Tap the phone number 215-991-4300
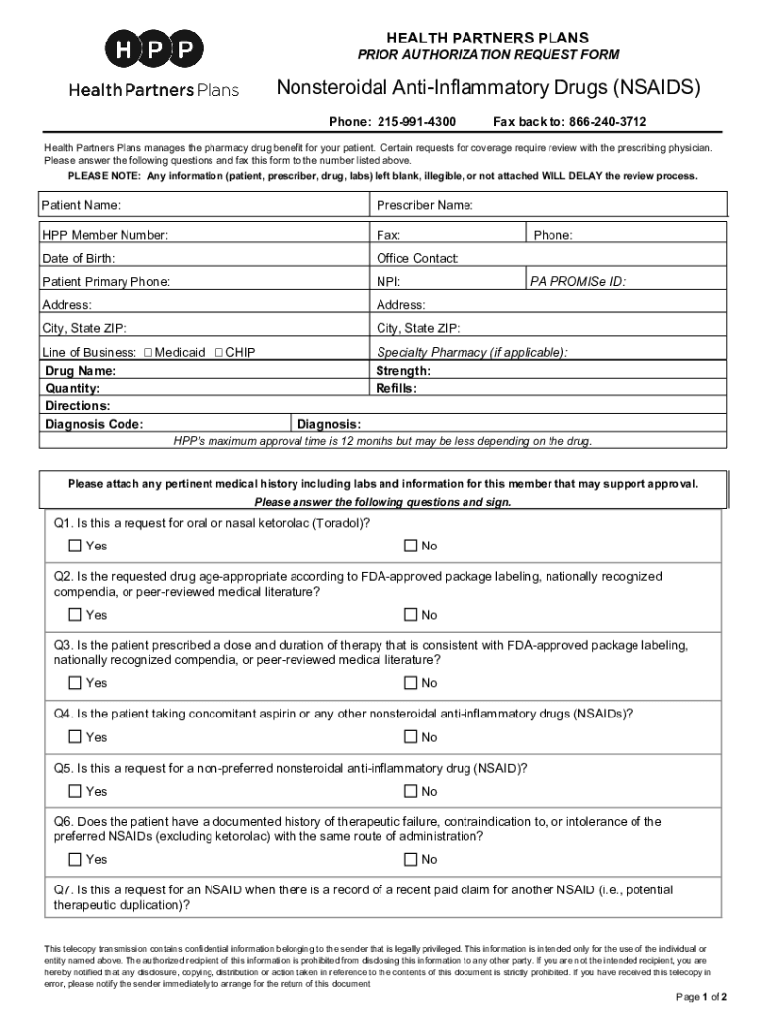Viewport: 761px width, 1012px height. (416, 122)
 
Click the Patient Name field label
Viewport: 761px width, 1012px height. (82, 205)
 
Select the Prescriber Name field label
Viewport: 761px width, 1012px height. (425, 205)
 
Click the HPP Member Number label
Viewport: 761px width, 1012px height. (105, 235)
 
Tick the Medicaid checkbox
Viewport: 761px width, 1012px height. (148, 352)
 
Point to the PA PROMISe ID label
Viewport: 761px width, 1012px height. (577, 282)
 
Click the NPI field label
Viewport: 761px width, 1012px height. (387, 282)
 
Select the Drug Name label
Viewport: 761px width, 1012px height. (81, 371)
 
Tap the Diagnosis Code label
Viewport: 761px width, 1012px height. (95, 425)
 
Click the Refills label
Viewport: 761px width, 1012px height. (396, 388)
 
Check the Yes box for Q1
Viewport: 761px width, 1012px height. (75, 547)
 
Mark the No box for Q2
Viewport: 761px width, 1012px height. (410, 615)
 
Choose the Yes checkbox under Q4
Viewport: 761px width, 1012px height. (75, 737)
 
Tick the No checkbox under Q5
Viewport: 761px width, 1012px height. (410, 791)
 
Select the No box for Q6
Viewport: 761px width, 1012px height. (410, 860)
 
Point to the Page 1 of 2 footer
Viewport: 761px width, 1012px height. (702, 995)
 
